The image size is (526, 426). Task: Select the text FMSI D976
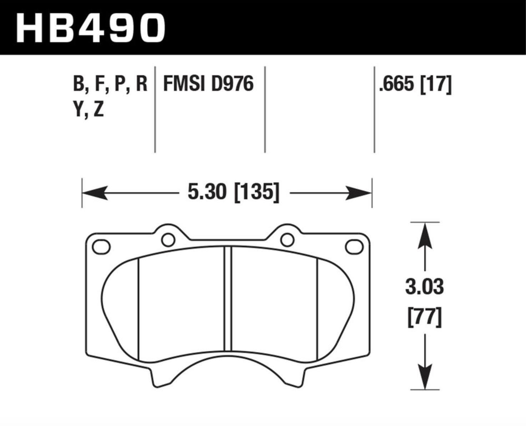(208, 84)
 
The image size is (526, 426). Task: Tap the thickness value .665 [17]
(415, 84)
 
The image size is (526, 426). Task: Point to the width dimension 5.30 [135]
(233, 192)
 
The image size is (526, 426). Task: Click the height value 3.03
(425, 287)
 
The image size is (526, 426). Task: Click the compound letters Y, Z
(88, 109)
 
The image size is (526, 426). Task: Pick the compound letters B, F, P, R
(110, 84)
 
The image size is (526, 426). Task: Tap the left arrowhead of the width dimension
(95, 193)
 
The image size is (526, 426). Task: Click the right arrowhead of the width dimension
(359, 193)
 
